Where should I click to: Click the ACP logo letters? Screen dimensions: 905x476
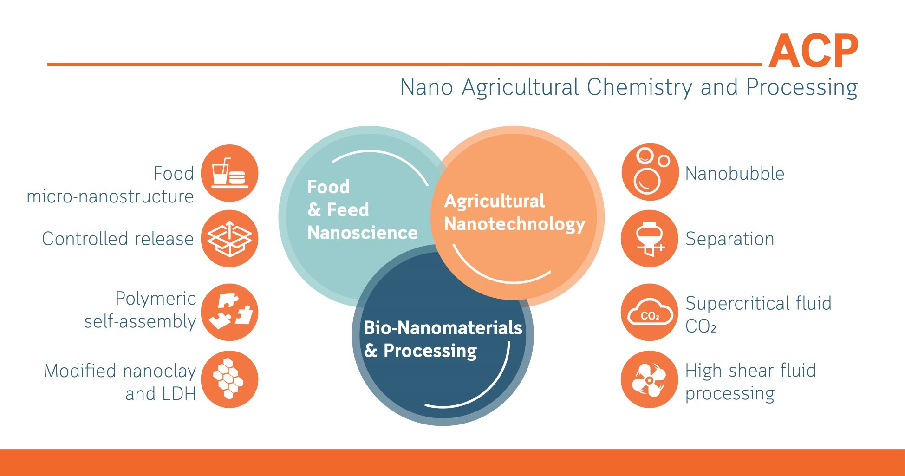(x=814, y=51)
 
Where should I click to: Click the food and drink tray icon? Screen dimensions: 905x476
(x=229, y=173)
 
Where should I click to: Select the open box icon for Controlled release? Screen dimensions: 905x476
(x=229, y=238)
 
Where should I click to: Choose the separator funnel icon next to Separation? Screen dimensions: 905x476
(x=650, y=239)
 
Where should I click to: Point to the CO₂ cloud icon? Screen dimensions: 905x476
(x=650, y=312)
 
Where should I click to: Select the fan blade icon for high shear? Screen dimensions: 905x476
(x=650, y=379)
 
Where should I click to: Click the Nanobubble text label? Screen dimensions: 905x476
(x=735, y=174)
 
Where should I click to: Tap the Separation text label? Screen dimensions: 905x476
(x=729, y=239)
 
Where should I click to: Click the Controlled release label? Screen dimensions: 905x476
(x=117, y=239)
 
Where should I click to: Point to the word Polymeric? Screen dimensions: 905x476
(x=156, y=299)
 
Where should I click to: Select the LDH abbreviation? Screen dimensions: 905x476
(x=178, y=394)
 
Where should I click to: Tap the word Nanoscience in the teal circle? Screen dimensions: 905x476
(x=363, y=233)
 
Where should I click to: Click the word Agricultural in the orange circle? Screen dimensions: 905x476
(x=495, y=201)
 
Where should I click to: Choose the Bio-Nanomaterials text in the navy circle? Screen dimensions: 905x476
(x=443, y=328)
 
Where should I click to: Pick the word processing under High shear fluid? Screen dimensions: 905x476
(x=729, y=394)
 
